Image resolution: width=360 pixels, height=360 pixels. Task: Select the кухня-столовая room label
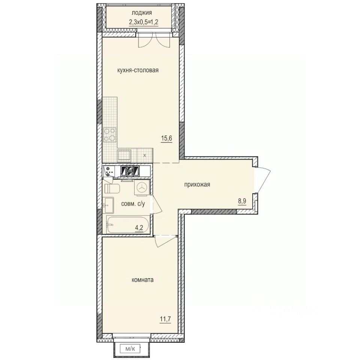click(138, 70)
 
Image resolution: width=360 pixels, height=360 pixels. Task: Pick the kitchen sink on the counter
click(124, 154)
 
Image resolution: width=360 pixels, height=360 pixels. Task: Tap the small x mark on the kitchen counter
click(145, 154)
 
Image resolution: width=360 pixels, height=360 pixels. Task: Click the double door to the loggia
click(152, 40)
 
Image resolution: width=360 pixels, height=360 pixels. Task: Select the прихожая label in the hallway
click(196, 184)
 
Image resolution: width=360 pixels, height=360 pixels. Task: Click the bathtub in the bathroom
click(127, 225)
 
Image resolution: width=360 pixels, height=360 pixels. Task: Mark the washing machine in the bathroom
click(142, 188)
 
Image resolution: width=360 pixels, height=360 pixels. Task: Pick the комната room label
click(143, 280)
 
